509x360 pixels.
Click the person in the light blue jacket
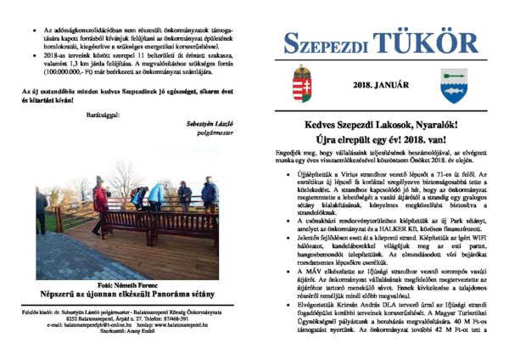[156, 197]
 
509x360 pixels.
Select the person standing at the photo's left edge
[41, 212]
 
